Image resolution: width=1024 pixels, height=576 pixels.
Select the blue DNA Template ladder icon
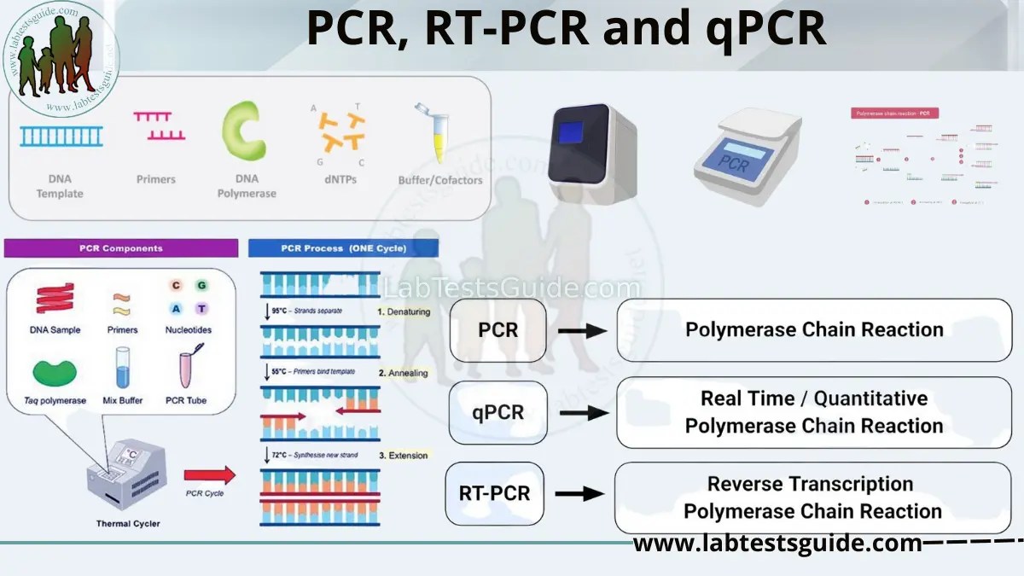(61, 135)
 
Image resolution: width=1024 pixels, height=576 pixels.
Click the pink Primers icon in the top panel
(159, 126)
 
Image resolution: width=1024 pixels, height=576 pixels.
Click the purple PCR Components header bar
(120, 248)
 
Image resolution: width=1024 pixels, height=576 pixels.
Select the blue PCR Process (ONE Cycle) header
(343, 248)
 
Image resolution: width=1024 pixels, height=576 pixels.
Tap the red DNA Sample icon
(54, 299)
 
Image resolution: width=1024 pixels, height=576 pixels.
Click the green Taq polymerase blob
(55, 372)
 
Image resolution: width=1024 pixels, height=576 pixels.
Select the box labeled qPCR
(498, 412)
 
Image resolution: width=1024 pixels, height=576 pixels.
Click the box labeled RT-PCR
(495, 493)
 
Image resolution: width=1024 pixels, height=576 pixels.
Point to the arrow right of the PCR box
(583, 329)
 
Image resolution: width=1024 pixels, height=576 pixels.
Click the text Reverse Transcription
(810, 484)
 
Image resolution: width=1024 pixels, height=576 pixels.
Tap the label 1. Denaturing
(404, 312)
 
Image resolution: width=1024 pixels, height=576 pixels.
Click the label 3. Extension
(403, 456)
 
